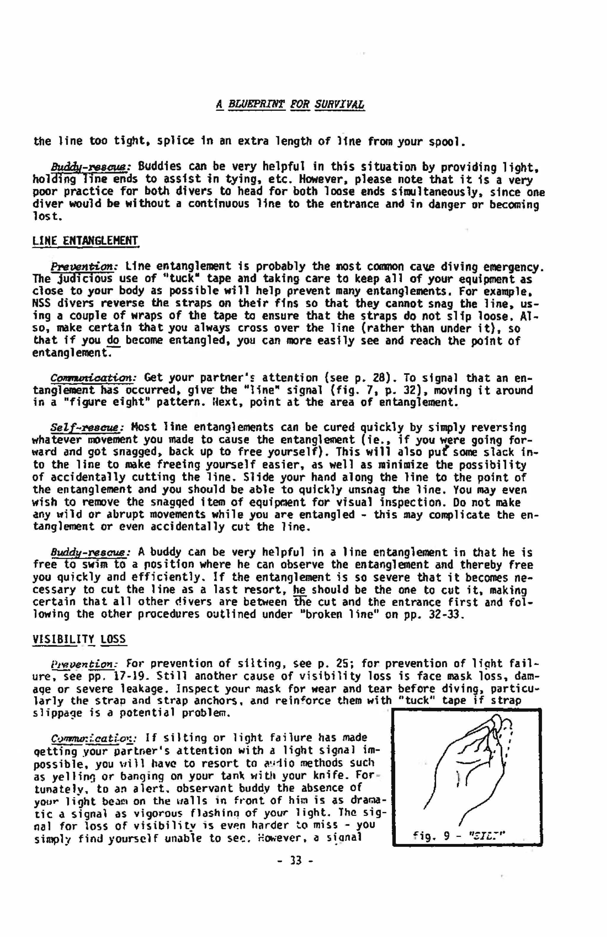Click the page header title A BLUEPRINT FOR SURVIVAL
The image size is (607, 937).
point(290,105)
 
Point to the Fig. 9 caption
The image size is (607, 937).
point(459,835)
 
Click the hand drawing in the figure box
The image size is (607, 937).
point(465,772)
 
